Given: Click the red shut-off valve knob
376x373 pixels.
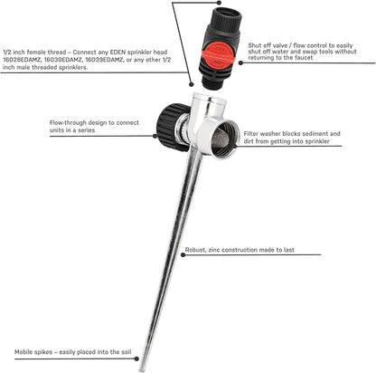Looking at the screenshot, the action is pyautogui.click(x=220, y=55).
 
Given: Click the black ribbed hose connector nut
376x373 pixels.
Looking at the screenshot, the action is pyautogui.click(x=171, y=127).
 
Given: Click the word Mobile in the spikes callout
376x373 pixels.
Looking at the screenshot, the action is pyautogui.click(x=24, y=352).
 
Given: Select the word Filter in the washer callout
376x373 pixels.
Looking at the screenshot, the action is pyautogui.click(x=251, y=134).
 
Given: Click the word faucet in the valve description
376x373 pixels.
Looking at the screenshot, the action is pyautogui.click(x=304, y=58).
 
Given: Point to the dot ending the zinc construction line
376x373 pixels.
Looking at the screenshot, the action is pyautogui.click(x=183, y=255).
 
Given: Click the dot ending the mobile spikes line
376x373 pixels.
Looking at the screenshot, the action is pyautogui.click(x=136, y=359).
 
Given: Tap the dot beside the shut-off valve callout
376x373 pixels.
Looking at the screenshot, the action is pyautogui.click(x=240, y=62).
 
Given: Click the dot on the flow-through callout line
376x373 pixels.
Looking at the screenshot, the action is pyautogui.click(x=155, y=136).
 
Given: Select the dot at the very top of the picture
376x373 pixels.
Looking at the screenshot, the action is pyautogui.click(x=219, y=3).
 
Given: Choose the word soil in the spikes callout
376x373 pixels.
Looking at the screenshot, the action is pyautogui.click(x=126, y=352).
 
